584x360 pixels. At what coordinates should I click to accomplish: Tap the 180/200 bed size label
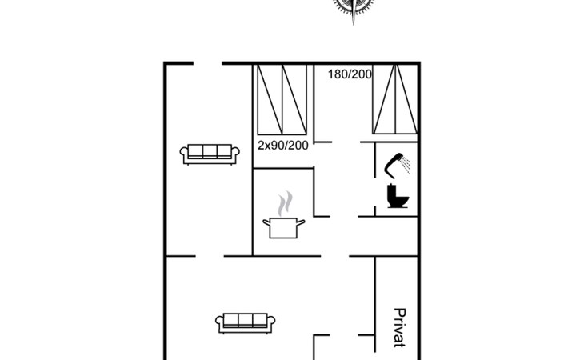click(x=350, y=74)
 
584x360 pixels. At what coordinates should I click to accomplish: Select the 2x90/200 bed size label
click(x=283, y=145)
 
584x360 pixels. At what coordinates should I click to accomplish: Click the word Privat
click(x=399, y=328)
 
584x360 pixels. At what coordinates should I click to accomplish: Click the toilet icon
click(x=398, y=196)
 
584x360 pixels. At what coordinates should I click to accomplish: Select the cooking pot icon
click(x=284, y=228)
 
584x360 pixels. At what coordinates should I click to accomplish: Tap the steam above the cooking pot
click(x=285, y=203)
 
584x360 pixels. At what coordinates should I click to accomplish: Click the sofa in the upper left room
click(x=210, y=154)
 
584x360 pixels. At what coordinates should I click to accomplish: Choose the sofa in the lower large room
click(x=246, y=323)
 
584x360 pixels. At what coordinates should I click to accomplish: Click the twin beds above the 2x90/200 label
click(x=282, y=99)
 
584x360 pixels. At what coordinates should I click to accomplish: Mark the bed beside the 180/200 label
click(x=395, y=99)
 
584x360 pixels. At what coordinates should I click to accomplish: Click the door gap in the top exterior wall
click(x=207, y=63)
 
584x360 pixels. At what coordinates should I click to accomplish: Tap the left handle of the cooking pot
click(x=266, y=223)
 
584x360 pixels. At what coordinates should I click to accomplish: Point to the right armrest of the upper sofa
click(x=236, y=152)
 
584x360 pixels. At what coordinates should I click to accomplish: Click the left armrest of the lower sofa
click(x=219, y=321)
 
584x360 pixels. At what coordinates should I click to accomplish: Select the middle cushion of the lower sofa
click(x=246, y=320)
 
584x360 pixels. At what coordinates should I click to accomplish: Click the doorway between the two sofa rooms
click(x=210, y=256)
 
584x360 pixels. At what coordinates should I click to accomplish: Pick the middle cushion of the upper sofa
click(x=210, y=150)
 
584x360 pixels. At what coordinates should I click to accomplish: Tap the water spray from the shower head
click(x=406, y=166)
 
